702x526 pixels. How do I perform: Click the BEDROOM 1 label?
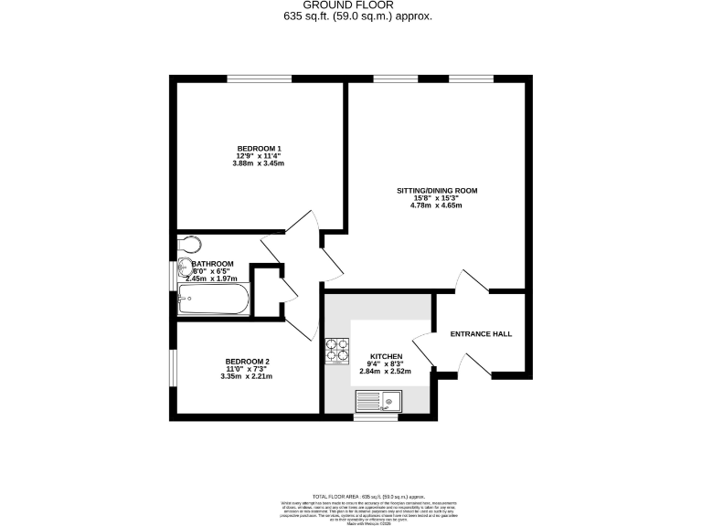click(x=259, y=149)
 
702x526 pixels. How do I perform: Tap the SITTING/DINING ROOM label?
click(x=436, y=191)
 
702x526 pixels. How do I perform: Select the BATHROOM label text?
click(x=212, y=264)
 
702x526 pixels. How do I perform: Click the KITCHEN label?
click(x=386, y=356)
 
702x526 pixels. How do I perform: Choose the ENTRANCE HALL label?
click(x=481, y=334)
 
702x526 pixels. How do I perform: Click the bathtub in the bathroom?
click(x=214, y=300)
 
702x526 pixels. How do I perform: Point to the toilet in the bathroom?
click(x=188, y=244)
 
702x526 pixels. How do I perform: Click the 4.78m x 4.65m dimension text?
click(x=436, y=205)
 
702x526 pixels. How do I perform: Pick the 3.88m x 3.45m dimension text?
click(x=259, y=163)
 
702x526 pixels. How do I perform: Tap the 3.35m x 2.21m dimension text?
click(x=245, y=376)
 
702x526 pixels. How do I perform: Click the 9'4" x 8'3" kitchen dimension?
click(x=386, y=364)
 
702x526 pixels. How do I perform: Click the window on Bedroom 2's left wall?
click(x=171, y=368)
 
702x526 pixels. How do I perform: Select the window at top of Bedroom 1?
click(x=252, y=80)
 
